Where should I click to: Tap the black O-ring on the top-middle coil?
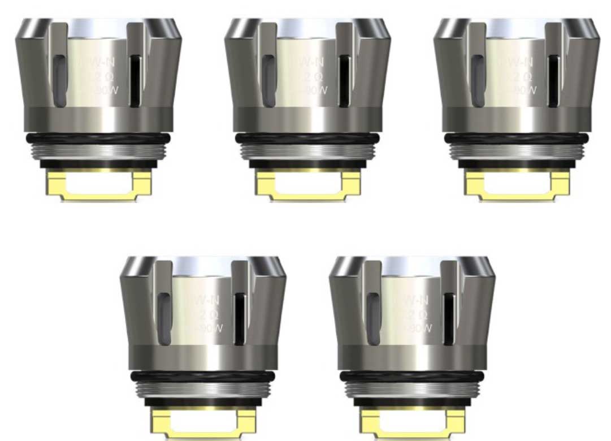point(308,138)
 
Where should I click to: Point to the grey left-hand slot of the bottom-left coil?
point(164,319)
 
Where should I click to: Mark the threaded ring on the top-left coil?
point(98,150)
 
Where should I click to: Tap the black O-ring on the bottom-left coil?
point(203,377)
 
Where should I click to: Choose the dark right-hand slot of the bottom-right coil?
point(449,319)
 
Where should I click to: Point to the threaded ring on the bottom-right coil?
point(413,388)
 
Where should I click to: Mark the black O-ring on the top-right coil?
point(517,138)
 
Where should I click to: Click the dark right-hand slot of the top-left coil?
point(135,81)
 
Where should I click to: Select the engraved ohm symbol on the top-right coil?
point(528,76)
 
